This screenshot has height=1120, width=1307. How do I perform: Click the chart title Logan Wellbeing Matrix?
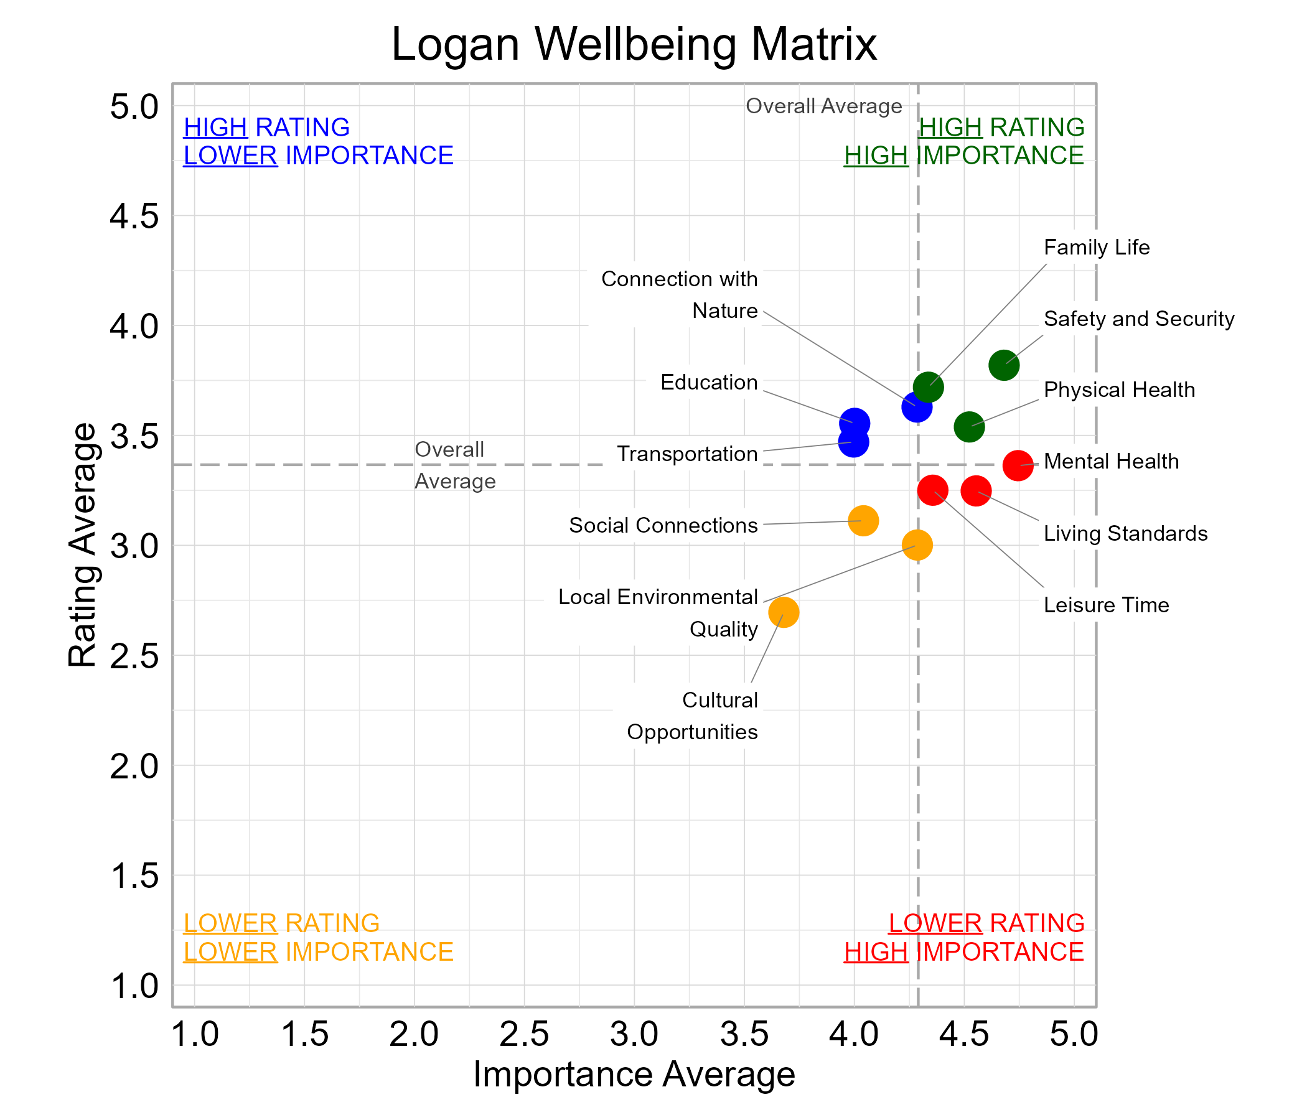pos(634,44)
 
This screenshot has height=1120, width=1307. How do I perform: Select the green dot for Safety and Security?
pos(1003,365)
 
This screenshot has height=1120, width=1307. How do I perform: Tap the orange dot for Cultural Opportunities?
pos(784,612)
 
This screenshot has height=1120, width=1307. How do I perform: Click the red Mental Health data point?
pos(1018,465)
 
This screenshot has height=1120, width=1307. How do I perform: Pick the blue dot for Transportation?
pos(853,442)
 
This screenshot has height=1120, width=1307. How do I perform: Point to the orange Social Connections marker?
pos(863,521)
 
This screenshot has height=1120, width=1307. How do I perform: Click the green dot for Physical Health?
pos(969,427)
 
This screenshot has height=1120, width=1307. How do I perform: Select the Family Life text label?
pos(1096,247)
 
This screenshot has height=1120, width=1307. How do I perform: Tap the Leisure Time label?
pos(1106,605)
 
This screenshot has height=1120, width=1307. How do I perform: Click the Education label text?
pos(708,382)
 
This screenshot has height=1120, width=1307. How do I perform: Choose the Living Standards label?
pos(1125,533)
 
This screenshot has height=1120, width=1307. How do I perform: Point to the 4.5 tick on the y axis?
pos(134,217)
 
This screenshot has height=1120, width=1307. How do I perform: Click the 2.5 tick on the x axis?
pos(523,1034)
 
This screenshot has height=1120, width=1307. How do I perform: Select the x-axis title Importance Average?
pos(634,1074)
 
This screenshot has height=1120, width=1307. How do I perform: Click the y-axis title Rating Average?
pos(83,545)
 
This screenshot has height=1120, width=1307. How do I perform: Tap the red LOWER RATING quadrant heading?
pos(986,923)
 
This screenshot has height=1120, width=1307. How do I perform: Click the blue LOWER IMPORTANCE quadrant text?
pos(318,156)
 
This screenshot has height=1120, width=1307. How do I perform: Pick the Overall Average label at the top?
pos(823,106)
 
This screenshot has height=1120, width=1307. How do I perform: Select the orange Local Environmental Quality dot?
pos(917,545)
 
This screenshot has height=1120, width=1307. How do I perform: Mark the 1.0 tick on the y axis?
pos(134,986)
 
